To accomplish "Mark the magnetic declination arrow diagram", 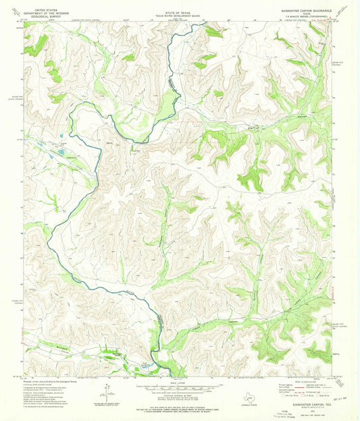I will pyautogui.click(x=107, y=390).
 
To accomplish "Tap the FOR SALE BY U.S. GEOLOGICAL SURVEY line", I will pyautogui.click(x=179, y=406).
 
